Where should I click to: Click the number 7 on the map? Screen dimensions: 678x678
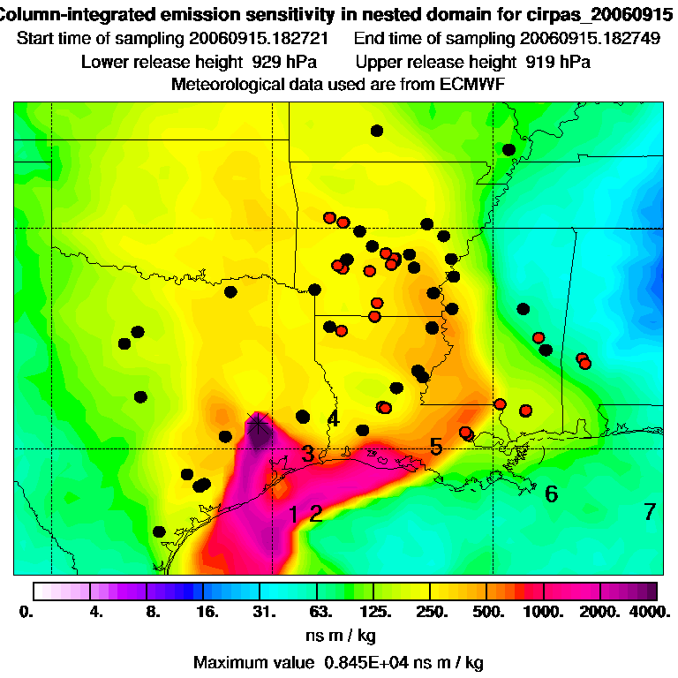click(x=650, y=511)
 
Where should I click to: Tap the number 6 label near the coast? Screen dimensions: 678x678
click(x=551, y=493)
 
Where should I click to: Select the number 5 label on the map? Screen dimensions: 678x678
click(x=436, y=447)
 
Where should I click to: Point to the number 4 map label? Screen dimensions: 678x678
click(x=333, y=419)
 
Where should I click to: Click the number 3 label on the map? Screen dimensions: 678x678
click(x=307, y=455)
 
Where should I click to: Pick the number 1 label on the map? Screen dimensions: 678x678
click(x=294, y=514)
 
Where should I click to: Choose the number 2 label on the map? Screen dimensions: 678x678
click(x=315, y=514)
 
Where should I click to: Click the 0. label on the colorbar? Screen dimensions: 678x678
click(x=25, y=611)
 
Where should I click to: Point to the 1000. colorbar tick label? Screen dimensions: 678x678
click(x=543, y=611)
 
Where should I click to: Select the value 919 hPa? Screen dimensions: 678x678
click(x=558, y=62)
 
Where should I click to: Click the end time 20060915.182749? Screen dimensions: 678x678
click(x=590, y=40)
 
